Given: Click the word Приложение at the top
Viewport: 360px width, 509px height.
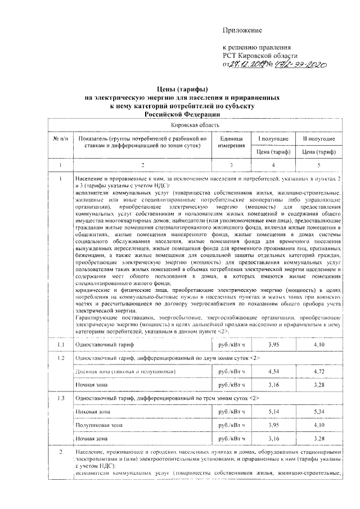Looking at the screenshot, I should pos(243,29).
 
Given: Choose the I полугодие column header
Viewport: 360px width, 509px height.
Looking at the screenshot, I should pos(273,138).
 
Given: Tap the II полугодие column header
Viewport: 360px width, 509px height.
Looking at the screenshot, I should pos(318,138).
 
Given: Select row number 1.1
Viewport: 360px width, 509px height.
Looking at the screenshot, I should pos(60,344).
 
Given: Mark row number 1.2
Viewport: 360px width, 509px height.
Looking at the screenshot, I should pos(60,358).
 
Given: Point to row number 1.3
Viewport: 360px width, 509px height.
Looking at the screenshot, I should pos(60,398).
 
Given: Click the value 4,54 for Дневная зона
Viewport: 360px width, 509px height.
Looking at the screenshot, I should pos(273,371).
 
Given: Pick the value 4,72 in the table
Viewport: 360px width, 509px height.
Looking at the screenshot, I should pos(319,371).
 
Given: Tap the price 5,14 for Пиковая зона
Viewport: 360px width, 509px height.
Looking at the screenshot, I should pos(273,412).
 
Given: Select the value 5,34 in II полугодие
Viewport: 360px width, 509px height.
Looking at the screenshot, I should pos(319,412).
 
